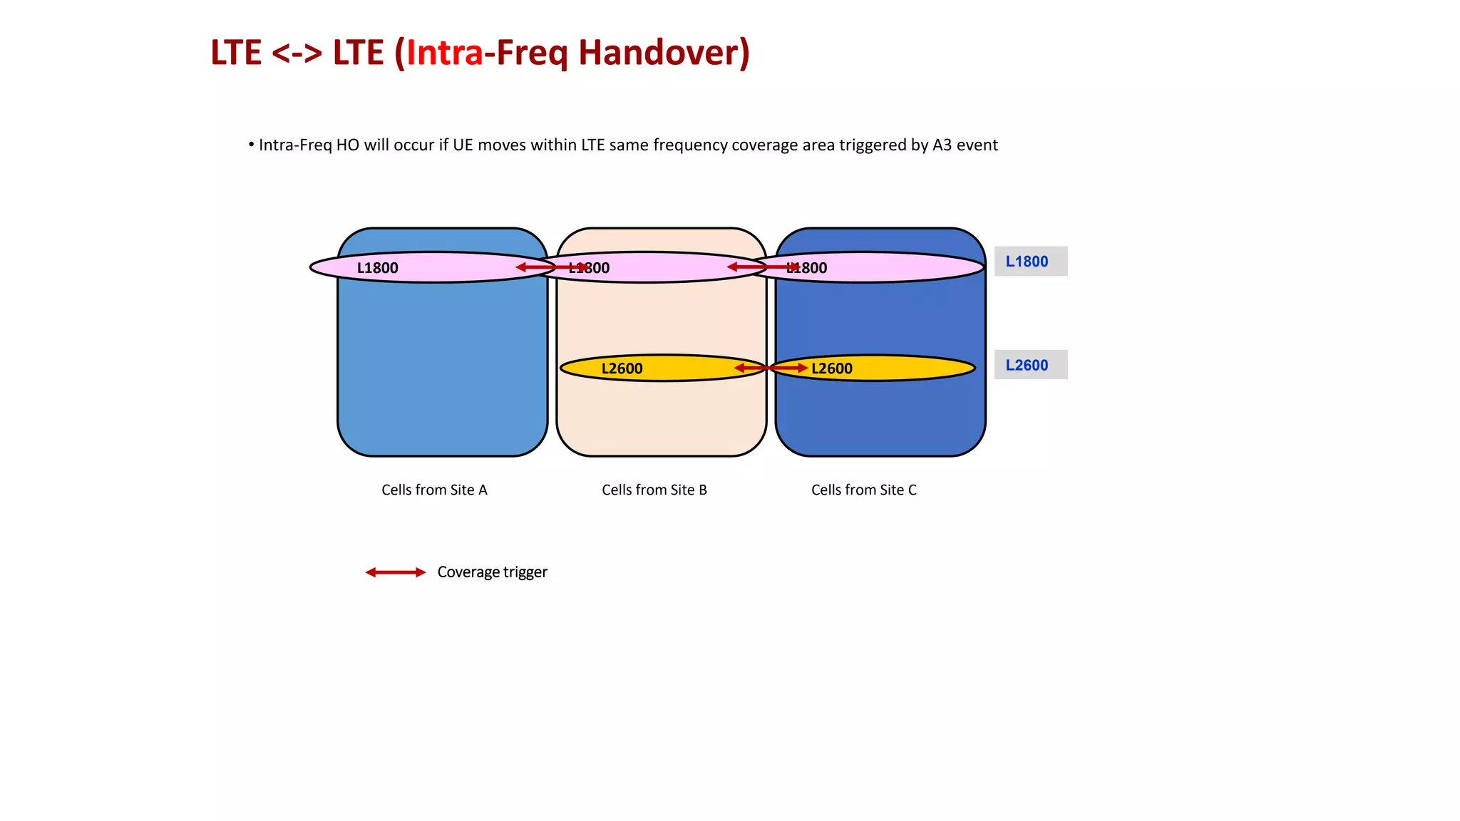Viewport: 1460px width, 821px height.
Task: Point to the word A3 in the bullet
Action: pyautogui.click(x=942, y=145)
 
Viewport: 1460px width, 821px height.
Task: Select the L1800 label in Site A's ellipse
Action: pyautogui.click(x=377, y=268)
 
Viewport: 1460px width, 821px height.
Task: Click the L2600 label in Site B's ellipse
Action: pyautogui.click(x=622, y=368)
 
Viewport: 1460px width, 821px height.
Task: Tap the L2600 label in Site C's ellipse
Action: pyautogui.click(x=832, y=368)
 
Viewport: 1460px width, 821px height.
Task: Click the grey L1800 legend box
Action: pyautogui.click(x=1030, y=262)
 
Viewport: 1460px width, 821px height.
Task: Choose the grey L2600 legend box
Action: pyautogui.click(x=1030, y=365)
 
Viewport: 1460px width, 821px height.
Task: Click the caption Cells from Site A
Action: pyautogui.click(x=434, y=490)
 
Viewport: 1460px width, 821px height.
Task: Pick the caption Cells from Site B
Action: pyautogui.click(x=654, y=490)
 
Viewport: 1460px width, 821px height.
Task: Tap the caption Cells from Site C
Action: pyautogui.click(x=863, y=490)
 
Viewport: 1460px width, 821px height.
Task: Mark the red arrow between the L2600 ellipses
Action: pyautogui.click(x=771, y=368)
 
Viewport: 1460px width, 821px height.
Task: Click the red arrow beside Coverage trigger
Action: pyautogui.click(x=395, y=572)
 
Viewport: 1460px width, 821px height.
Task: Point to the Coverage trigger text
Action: pyautogui.click(x=492, y=572)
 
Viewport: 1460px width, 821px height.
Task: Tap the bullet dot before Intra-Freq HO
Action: pyautogui.click(x=251, y=145)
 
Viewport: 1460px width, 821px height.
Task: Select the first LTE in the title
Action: pyautogui.click(x=236, y=53)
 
